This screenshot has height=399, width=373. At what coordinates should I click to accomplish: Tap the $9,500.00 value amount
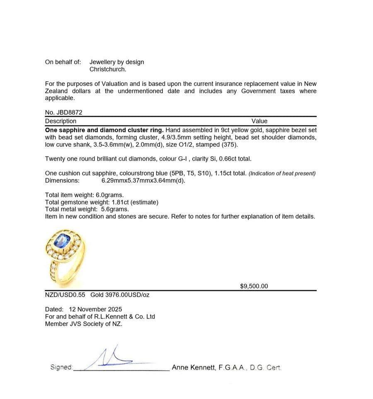[x=254, y=286]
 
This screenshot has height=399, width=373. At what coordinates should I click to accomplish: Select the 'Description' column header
[x=61, y=121]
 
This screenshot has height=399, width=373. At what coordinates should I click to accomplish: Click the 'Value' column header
[x=259, y=121]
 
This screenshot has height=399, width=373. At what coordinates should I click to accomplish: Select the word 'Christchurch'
[x=108, y=69]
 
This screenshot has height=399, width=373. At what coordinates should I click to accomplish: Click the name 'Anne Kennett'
[x=193, y=367]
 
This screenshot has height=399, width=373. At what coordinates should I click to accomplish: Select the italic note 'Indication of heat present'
[x=282, y=174]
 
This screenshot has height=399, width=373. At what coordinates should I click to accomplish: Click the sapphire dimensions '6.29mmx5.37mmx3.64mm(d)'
[x=143, y=181]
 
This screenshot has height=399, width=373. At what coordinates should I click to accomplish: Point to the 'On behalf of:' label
[x=63, y=62]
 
